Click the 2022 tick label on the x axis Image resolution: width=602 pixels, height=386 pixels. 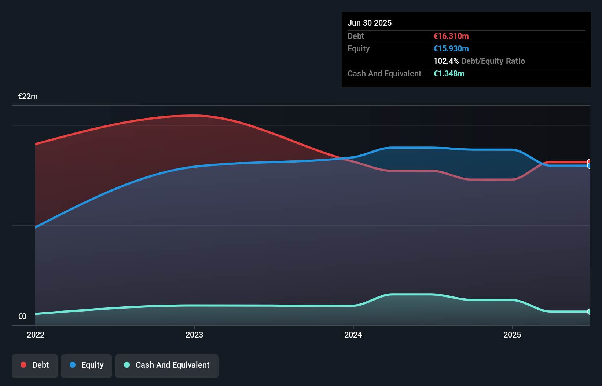[36, 335]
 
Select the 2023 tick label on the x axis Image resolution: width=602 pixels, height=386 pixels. [194, 335]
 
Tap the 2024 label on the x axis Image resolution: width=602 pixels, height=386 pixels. [353, 335]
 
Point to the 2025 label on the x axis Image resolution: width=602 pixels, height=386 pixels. [512, 335]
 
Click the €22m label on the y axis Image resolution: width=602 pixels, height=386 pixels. [28, 96]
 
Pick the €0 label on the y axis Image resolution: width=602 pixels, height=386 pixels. [22, 316]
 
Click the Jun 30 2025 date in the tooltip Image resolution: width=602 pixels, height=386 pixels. [370, 23]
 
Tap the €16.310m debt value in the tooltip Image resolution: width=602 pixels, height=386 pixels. [451, 36]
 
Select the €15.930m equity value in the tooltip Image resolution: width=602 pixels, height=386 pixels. [451, 48]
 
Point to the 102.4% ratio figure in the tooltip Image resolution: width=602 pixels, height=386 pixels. [446, 61]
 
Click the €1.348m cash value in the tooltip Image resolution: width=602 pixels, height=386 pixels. [449, 73]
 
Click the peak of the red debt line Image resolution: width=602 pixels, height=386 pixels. [194, 116]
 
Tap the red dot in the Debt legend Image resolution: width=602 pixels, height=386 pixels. [23, 365]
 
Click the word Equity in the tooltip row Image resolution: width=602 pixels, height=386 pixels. [359, 48]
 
